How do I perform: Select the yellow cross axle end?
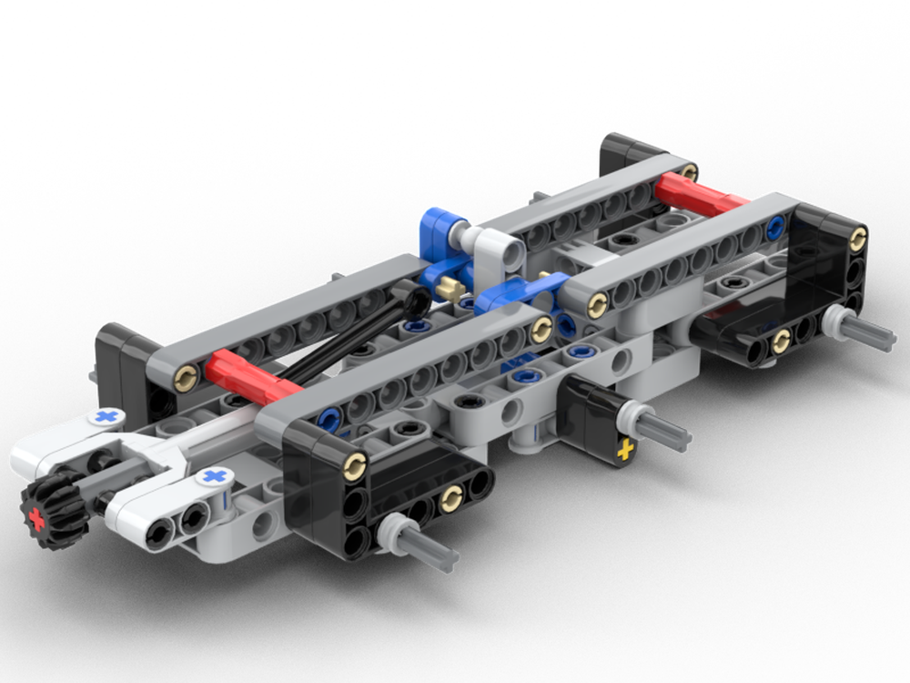624,450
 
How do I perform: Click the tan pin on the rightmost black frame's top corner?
856,239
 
